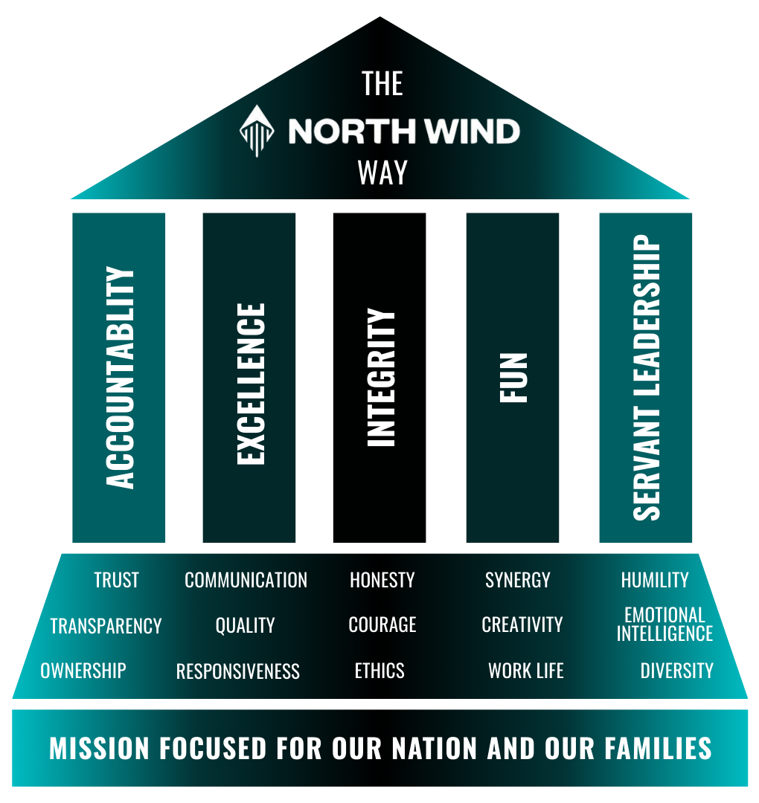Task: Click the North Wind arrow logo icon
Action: point(255,132)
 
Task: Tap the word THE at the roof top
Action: point(382,84)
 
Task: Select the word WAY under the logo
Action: point(382,172)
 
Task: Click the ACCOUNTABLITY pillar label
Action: point(121,378)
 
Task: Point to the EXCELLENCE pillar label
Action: point(251,384)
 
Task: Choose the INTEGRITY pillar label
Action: point(382,378)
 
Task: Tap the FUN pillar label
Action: point(513,378)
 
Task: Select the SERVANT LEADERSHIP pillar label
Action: point(647,378)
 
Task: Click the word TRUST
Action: point(116,580)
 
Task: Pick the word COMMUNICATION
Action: point(246,580)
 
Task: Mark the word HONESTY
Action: point(382,580)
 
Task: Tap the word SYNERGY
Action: point(518,580)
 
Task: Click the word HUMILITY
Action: point(655,580)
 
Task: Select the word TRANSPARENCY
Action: point(106,626)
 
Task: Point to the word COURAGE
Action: point(382,625)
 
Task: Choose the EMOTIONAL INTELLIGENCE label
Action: point(664,625)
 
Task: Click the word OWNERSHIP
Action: point(83,671)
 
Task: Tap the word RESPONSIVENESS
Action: point(238,672)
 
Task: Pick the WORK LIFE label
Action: point(526,671)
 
